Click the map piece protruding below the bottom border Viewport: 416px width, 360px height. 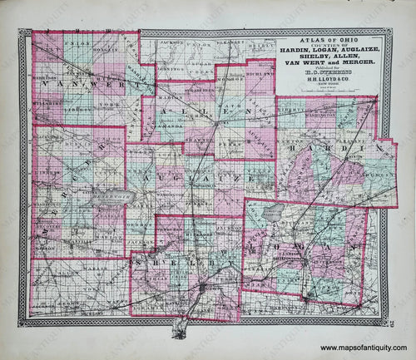click(x=180, y=333)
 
